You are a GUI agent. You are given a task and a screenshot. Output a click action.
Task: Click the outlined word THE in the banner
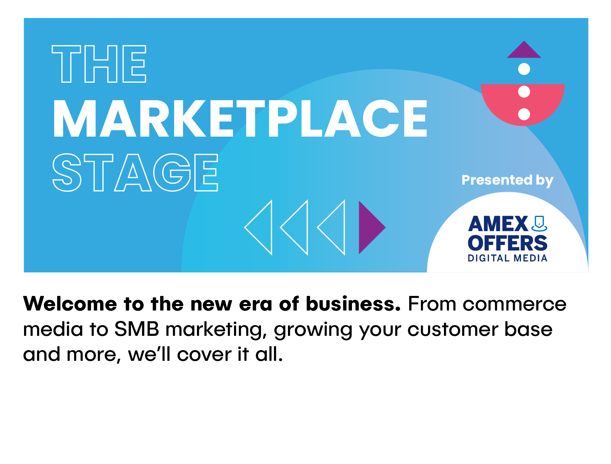(x=99, y=64)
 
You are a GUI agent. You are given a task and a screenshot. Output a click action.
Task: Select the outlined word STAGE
(x=135, y=172)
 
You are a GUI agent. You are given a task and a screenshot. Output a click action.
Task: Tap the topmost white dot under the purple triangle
(x=524, y=69)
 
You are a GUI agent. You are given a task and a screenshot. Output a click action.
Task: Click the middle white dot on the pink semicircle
(x=524, y=92)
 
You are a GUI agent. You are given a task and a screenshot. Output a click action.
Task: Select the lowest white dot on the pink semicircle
(x=524, y=114)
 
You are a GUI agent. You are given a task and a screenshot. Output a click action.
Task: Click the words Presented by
(x=507, y=180)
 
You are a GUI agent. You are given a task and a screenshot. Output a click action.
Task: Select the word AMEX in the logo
(x=498, y=224)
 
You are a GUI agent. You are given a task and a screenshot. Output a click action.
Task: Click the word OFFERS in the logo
(x=507, y=243)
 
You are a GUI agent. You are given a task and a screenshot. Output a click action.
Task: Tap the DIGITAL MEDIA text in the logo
(x=507, y=258)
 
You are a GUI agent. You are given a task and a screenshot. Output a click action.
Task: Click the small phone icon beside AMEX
(x=539, y=224)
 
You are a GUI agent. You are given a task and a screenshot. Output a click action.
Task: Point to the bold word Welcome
(x=70, y=304)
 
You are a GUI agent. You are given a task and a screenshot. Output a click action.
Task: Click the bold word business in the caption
(x=353, y=304)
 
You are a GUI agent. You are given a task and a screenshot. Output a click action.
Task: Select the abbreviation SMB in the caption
(x=137, y=329)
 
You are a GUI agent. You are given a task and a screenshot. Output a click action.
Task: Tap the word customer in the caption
(x=453, y=330)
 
